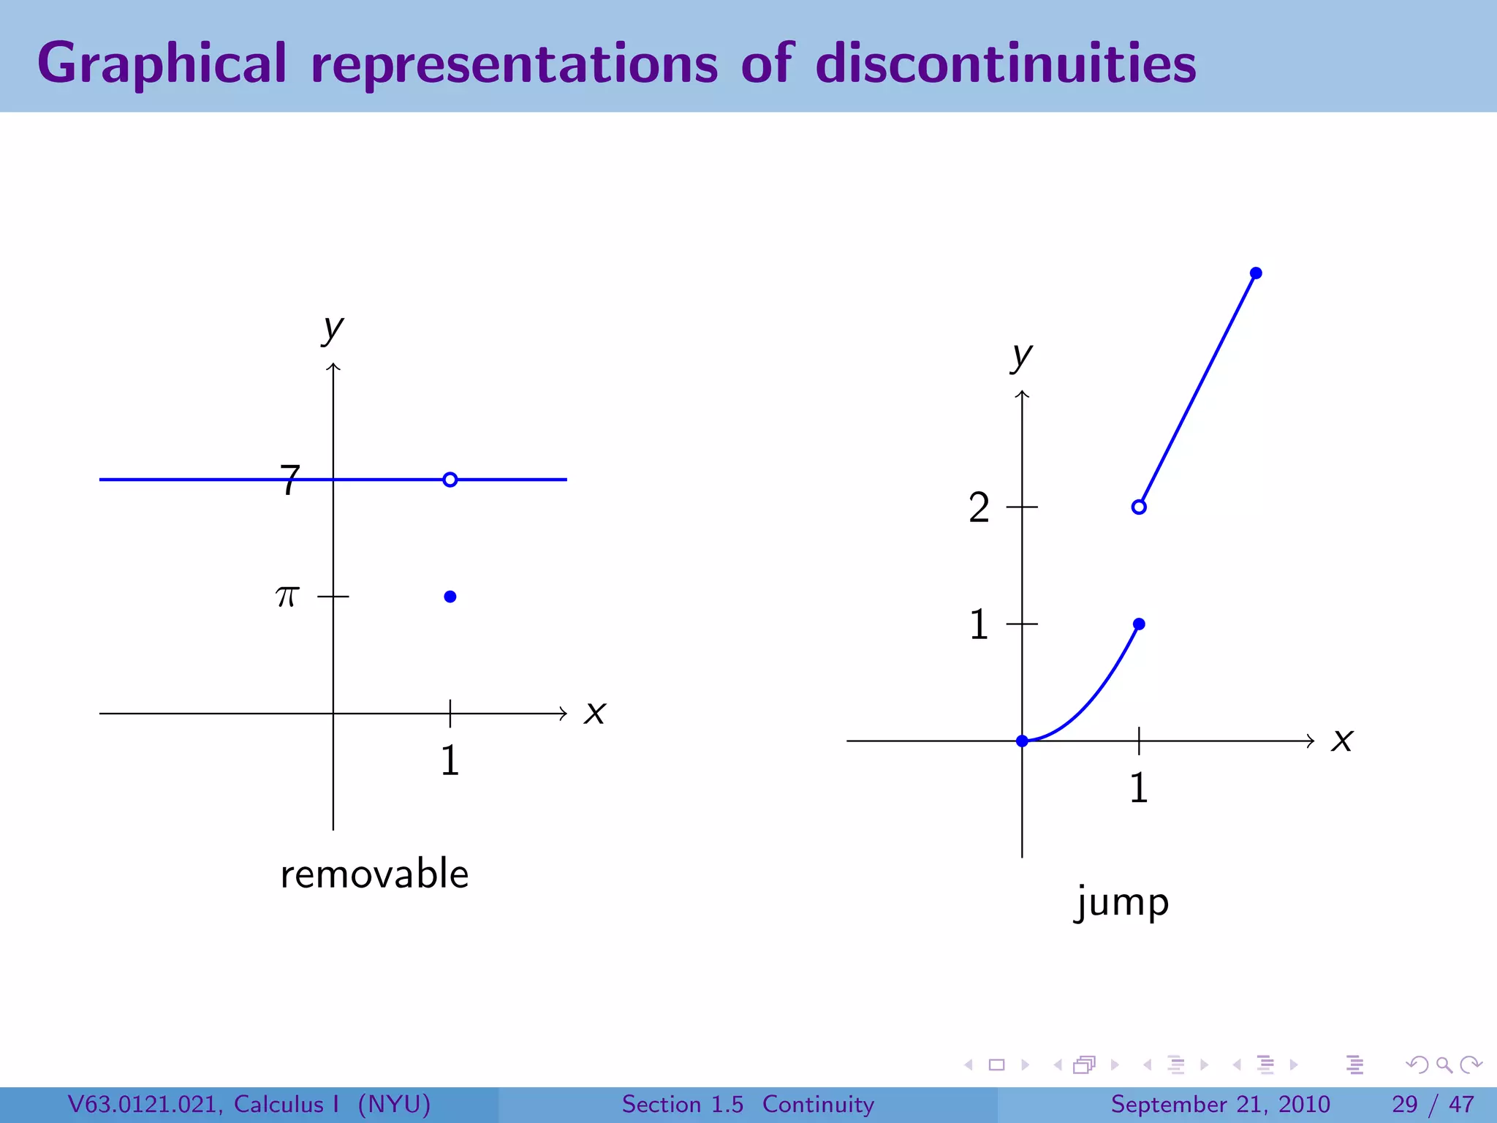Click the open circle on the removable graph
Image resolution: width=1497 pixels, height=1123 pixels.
[x=450, y=480]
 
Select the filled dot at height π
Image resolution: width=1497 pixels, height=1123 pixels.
[x=450, y=597]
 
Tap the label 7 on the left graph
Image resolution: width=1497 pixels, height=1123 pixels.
[x=290, y=480]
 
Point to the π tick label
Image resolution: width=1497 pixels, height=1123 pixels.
[x=288, y=597]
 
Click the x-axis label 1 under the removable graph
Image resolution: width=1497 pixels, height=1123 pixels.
[x=450, y=760]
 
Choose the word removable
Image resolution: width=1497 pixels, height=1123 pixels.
[x=374, y=874]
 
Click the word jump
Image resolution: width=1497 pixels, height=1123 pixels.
[x=1122, y=902]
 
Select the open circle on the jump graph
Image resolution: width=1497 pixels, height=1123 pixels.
[x=1139, y=507]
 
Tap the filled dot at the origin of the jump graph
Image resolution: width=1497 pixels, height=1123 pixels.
[x=1022, y=741]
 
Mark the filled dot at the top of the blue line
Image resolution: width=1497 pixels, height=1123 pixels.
[x=1256, y=273]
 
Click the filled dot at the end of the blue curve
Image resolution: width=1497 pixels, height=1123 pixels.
[x=1139, y=624]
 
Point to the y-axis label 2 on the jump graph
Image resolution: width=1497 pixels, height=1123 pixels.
[x=979, y=507]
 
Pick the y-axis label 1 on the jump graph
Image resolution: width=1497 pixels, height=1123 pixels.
[x=979, y=624]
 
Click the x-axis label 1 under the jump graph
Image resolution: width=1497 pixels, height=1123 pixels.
[x=1139, y=788]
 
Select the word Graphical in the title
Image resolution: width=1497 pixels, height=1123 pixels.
[x=162, y=64]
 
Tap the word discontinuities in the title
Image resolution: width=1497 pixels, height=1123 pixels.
[x=1006, y=63]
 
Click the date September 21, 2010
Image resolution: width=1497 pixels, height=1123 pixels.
[x=1220, y=1104]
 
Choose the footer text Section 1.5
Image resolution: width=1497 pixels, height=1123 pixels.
[x=682, y=1104]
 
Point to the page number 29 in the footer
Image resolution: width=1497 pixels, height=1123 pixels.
[x=1405, y=1104]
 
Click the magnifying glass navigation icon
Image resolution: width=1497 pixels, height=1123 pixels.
[x=1444, y=1065]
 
